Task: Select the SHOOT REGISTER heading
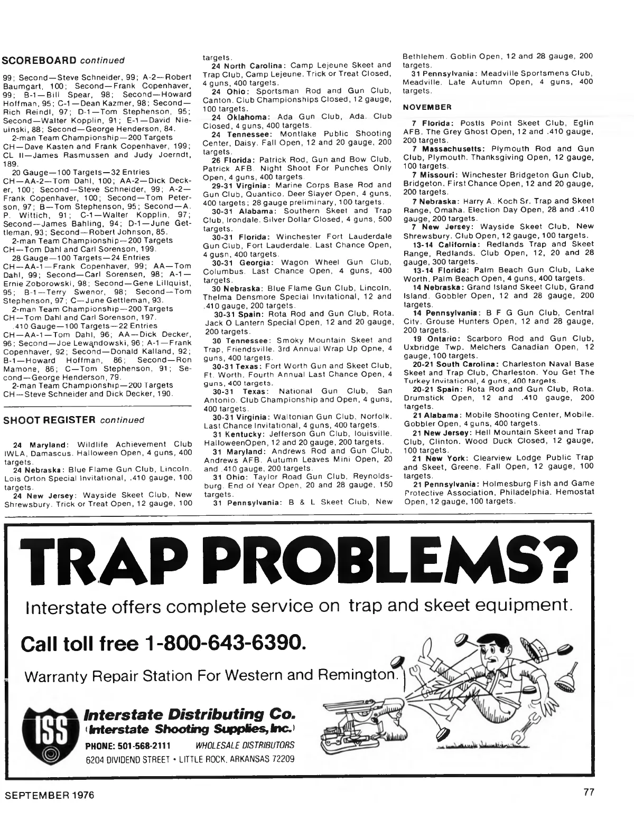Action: pyautogui.click(x=49, y=420)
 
